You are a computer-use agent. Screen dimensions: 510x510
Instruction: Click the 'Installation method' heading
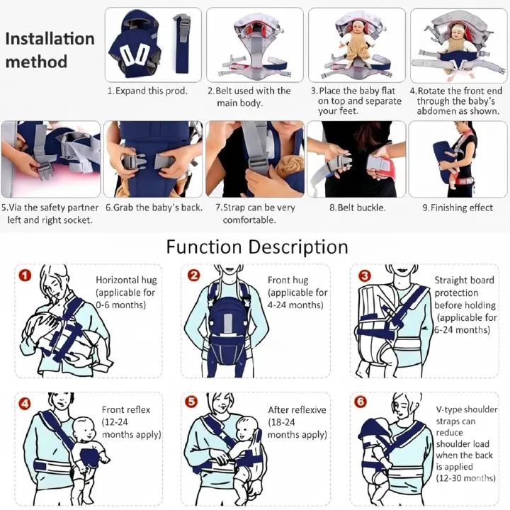[50, 50]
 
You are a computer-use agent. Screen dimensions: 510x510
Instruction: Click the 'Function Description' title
[256, 247]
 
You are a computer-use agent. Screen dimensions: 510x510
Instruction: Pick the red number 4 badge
[25, 402]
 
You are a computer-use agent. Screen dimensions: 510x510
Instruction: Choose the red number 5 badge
[191, 402]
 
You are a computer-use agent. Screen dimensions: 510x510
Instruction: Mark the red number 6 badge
[361, 402]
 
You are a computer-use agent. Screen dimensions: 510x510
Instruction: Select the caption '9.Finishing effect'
[457, 208]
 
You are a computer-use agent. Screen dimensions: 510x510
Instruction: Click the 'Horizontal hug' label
[126, 280]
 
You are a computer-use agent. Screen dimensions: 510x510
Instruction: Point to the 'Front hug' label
[288, 280]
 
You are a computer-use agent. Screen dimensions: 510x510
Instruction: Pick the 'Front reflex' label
[126, 410]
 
